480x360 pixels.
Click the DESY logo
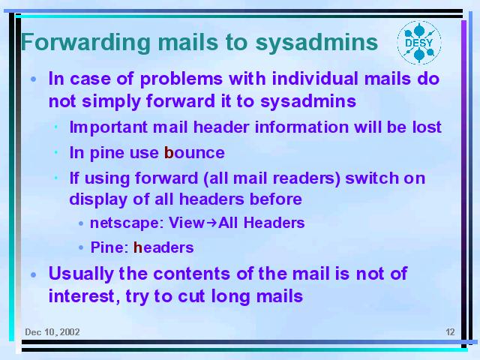419,43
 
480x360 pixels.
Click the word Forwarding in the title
85,43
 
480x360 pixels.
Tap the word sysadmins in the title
316,43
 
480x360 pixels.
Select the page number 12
450,331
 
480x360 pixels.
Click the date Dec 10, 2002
52,332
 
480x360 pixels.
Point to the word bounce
194,152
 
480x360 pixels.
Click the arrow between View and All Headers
211,223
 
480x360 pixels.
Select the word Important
109,127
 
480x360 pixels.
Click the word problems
181,79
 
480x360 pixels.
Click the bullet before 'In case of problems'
34,79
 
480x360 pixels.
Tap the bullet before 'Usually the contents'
34,274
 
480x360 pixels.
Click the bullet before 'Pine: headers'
81,247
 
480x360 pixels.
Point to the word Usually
81,274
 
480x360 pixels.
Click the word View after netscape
187,223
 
